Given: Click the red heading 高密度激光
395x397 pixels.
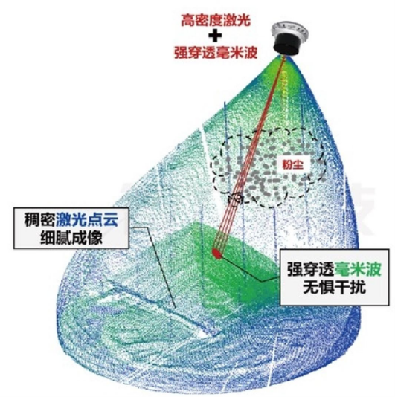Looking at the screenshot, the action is point(216,20).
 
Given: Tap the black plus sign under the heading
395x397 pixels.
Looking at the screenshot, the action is point(215,36).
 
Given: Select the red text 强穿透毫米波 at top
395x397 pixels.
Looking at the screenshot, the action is point(216,53).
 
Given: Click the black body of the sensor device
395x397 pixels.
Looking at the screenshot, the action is point(286,45).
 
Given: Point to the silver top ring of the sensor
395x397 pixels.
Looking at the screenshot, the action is point(289,30).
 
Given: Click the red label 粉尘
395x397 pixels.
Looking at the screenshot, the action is point(293,165).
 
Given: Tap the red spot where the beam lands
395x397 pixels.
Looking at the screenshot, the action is point(217,254).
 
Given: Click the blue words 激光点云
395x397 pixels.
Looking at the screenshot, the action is point(87,220).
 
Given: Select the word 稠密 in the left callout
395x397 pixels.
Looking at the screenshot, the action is point(39,220).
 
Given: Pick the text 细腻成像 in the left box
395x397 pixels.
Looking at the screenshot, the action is point(71,237).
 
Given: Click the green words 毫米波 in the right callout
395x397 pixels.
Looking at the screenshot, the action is point(358,269).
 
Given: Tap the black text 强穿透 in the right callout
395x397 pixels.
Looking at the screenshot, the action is point(311,269).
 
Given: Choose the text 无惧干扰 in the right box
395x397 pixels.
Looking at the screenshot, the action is point(334,288).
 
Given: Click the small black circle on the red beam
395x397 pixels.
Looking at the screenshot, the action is point(237,198).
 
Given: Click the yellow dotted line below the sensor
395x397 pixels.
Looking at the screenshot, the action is point(283,96).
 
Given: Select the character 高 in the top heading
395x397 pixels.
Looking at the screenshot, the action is point(187,20).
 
